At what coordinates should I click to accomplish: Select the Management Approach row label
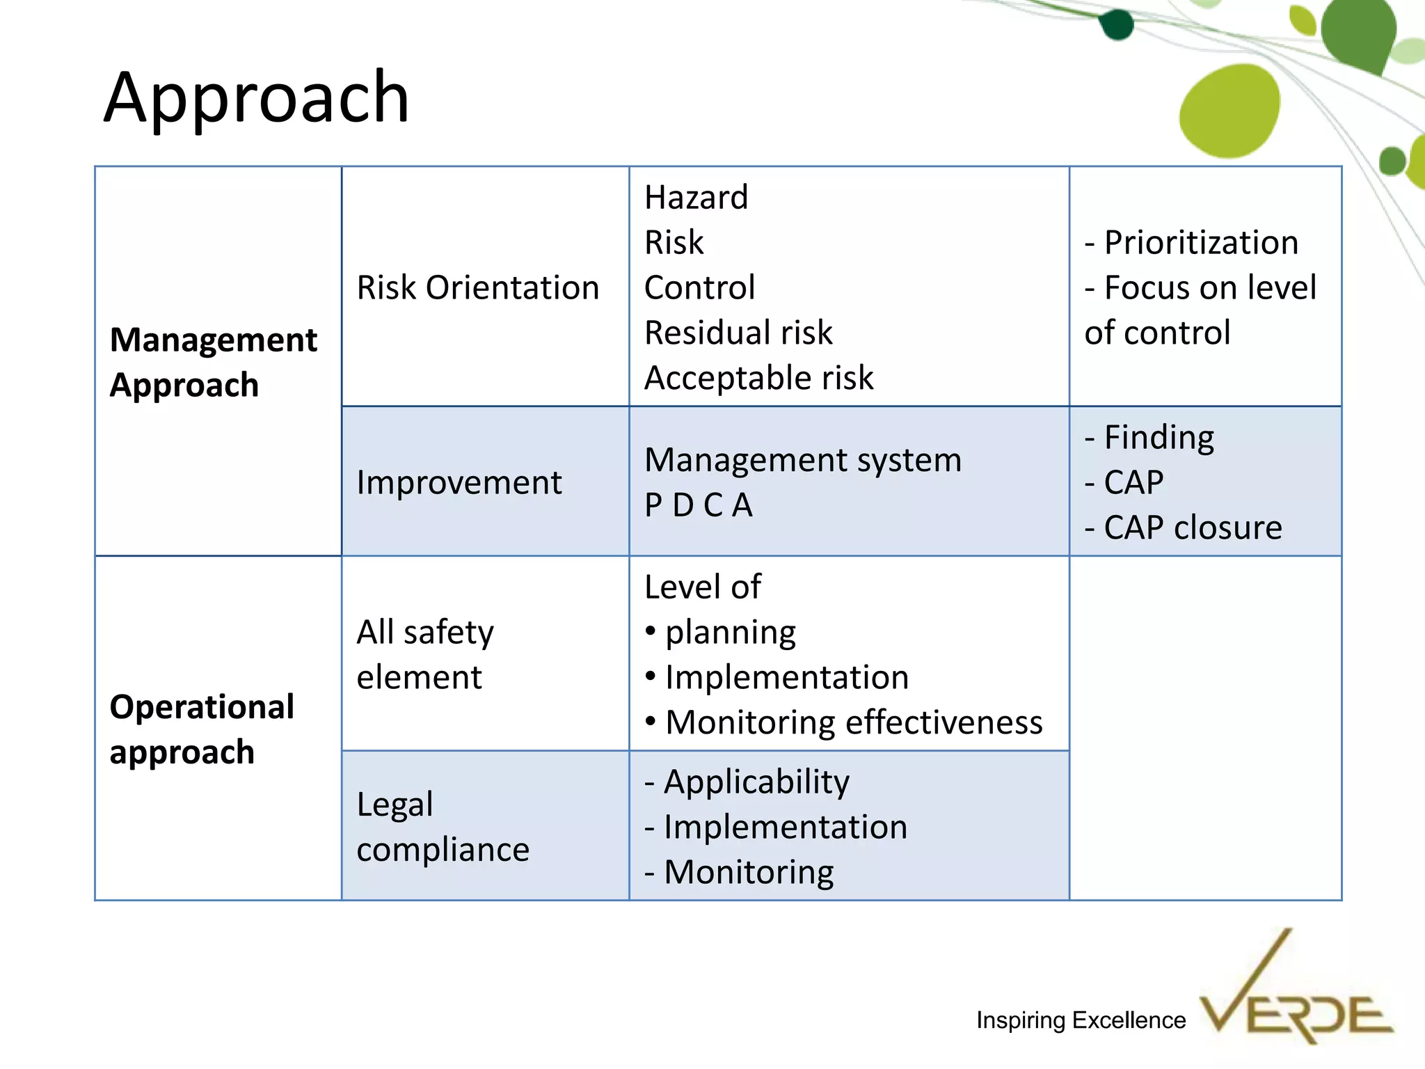pos(213,362)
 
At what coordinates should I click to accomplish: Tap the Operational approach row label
pos(202,729)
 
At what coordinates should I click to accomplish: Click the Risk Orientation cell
pos(477,287)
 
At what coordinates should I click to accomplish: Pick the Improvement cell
pos(459,482)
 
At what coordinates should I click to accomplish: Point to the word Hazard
pos(696,198)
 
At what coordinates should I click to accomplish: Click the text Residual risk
pos(738,333)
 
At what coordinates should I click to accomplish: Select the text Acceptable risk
pos(758,378)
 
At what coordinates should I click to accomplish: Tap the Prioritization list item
pos(1191,243)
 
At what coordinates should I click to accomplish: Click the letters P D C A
pos(698,505)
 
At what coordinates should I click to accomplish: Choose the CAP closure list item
pos(1183,528)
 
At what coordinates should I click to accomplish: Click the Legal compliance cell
pos(443,826)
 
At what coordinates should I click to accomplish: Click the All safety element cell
pos(424,654)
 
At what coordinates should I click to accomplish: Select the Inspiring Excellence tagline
pos(1081,1020)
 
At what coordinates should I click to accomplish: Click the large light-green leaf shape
pos(1229,111)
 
